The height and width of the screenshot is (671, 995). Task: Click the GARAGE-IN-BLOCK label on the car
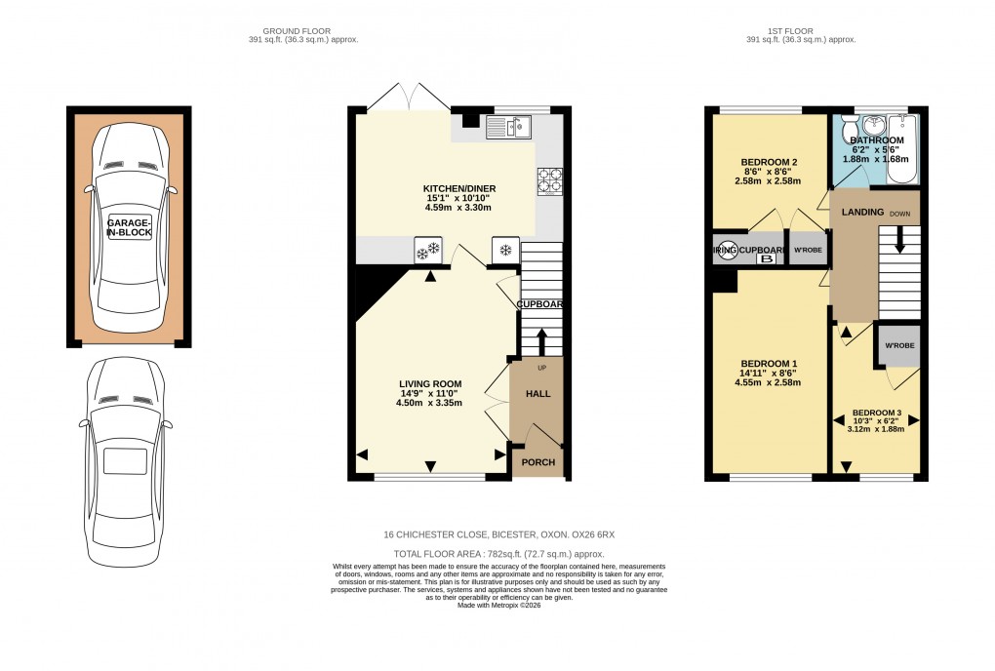[x=129, y=228]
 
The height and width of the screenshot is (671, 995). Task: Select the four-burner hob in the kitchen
[x=549, y=180]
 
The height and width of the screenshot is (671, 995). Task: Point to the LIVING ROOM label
[x=429, y=383]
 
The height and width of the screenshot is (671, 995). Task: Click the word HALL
[x=538, y=393]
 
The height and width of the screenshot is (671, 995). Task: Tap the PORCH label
[x=537, y=462]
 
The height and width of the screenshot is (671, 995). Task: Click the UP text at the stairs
[x=542, y=368]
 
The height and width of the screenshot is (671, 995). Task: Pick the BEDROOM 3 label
[x=878, y=412]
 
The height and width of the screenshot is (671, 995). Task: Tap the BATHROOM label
[x=877, y=140]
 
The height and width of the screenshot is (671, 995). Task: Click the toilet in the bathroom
[x=850, y=128]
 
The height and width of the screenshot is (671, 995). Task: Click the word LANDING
[x=862, y=212]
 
